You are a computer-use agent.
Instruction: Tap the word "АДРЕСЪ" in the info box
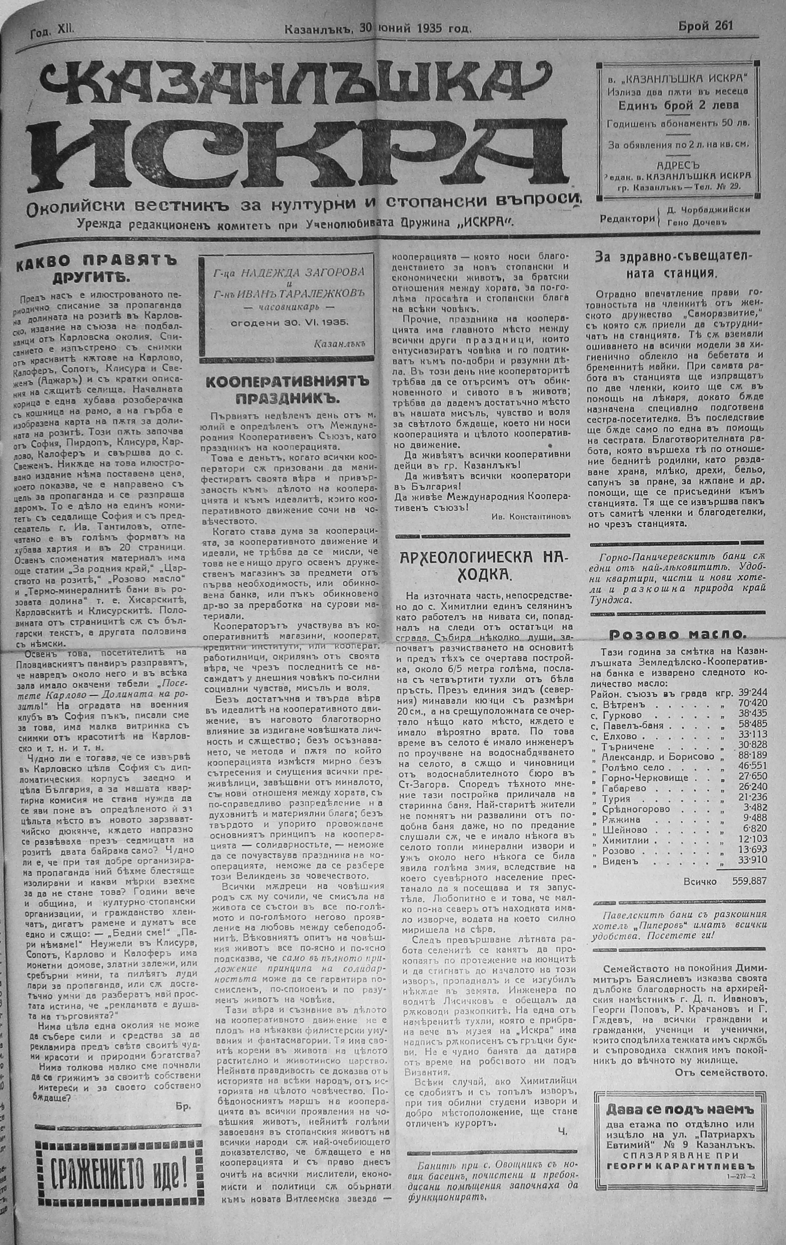[677, 166]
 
